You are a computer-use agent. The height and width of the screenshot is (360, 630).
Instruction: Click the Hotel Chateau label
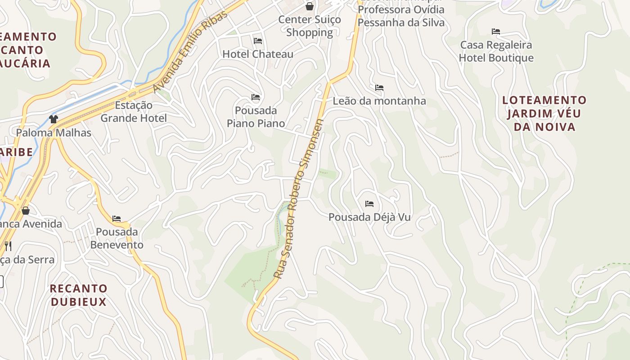[258, 54]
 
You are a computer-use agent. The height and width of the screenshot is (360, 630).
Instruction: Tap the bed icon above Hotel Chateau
[258, 41]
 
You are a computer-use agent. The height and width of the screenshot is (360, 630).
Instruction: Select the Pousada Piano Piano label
[256, 117]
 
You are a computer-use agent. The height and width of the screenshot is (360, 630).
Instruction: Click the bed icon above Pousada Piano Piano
[256, 97]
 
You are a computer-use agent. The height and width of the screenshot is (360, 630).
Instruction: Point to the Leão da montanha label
[379, 101]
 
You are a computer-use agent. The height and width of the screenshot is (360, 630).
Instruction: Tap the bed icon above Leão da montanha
[379, 88]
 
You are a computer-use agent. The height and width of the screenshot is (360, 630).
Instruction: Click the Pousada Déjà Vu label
[369, 217]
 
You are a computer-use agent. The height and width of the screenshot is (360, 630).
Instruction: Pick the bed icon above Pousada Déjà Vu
[369, 204]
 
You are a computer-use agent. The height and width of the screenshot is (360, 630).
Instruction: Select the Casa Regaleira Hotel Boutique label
[496, 51]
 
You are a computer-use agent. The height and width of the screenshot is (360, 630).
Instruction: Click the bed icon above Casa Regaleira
[496, 31]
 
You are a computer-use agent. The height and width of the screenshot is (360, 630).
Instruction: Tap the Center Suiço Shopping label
[310, 26]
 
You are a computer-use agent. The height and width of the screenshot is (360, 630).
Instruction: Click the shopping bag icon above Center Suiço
[310, 6]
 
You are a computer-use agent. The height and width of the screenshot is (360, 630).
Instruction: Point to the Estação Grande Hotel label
[134, 112]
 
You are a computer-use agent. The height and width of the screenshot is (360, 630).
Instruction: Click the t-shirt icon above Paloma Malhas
[54, 119]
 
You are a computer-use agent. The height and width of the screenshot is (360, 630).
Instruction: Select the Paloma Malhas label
[54, 133]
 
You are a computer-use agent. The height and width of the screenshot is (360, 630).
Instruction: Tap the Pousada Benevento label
[117, 238]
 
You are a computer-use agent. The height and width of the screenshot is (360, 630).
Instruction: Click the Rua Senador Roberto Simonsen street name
[298, 198]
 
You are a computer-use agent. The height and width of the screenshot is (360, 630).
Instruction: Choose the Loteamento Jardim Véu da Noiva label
[544, 113]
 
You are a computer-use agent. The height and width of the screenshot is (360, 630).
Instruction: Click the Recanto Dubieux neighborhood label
[79, 295]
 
